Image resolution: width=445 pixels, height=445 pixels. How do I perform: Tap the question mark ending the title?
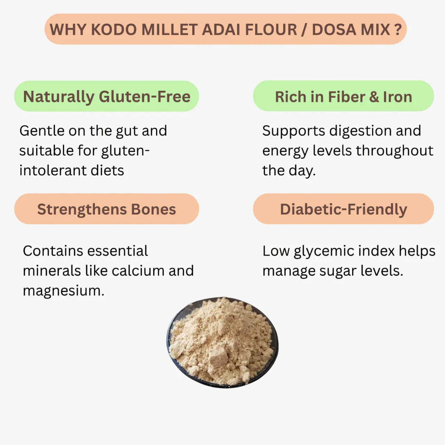[x=398, y=30]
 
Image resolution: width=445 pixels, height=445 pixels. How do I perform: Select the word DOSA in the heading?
[x=333, y=30]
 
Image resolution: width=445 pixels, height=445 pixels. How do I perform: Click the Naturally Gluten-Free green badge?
[x=106, y=96]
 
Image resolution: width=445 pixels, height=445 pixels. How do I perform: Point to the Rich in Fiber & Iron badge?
[x=343, y=97]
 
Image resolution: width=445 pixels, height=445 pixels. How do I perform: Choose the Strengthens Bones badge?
[x=106, y=209]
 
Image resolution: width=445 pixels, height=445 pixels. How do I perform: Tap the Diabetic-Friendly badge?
[x=343, y=209]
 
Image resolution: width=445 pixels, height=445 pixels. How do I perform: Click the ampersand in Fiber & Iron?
[x=374, y=97]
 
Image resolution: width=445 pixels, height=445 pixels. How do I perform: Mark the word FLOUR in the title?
[x=271, y=30]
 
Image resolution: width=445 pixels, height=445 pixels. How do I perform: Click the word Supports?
[x=294, y=131]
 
